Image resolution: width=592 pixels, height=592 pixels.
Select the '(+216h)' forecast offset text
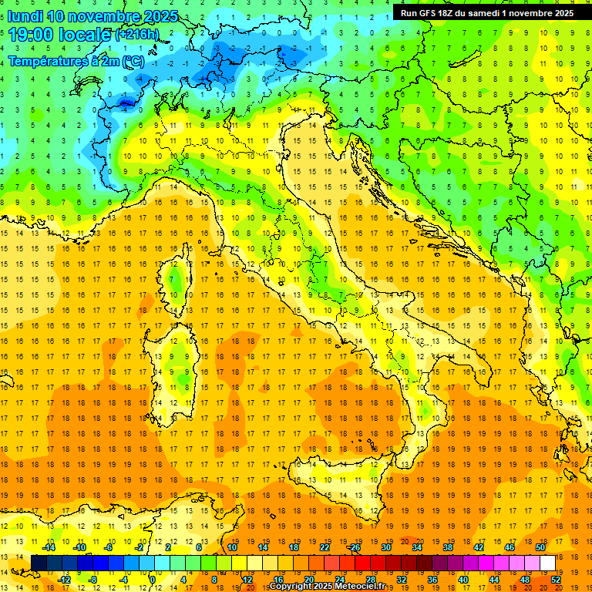click(x=137, y=35)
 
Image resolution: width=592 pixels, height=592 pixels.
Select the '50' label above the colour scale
click(x=540, y=547)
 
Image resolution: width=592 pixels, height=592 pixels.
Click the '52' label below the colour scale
click(x=556, y=580)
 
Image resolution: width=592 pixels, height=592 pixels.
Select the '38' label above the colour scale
click(x=447, y=547)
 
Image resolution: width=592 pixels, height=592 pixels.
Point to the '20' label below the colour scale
click(x=308, y=580)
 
